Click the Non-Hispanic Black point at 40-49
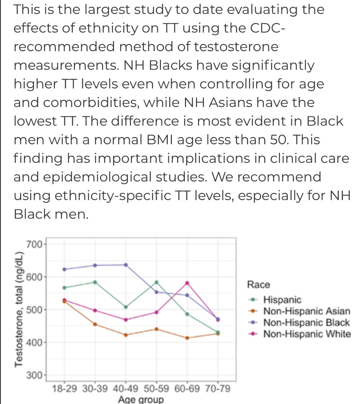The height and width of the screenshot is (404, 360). tap(126, 265)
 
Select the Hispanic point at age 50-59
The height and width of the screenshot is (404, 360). tap(157, 282)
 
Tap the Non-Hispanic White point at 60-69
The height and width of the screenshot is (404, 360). tap(187, 283)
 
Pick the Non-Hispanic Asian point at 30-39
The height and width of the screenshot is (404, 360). tap(95, 325)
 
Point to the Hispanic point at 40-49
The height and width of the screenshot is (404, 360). tap(126, 307)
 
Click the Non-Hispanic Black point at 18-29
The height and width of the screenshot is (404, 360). tap(65, 269)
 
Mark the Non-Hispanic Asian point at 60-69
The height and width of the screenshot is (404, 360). tap(187, 338)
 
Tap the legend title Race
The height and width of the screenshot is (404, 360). tap(258, 285)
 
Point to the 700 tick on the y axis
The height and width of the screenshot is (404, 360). tap(34, 244)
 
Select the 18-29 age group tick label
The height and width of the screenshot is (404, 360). tap(64, 389)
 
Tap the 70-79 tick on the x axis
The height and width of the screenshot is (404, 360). tap(218, 389)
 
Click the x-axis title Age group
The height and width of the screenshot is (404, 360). tap(141, 399)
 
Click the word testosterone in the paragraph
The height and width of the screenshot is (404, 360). tap(236, 47)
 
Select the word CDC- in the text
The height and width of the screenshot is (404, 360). tap(268, 28)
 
